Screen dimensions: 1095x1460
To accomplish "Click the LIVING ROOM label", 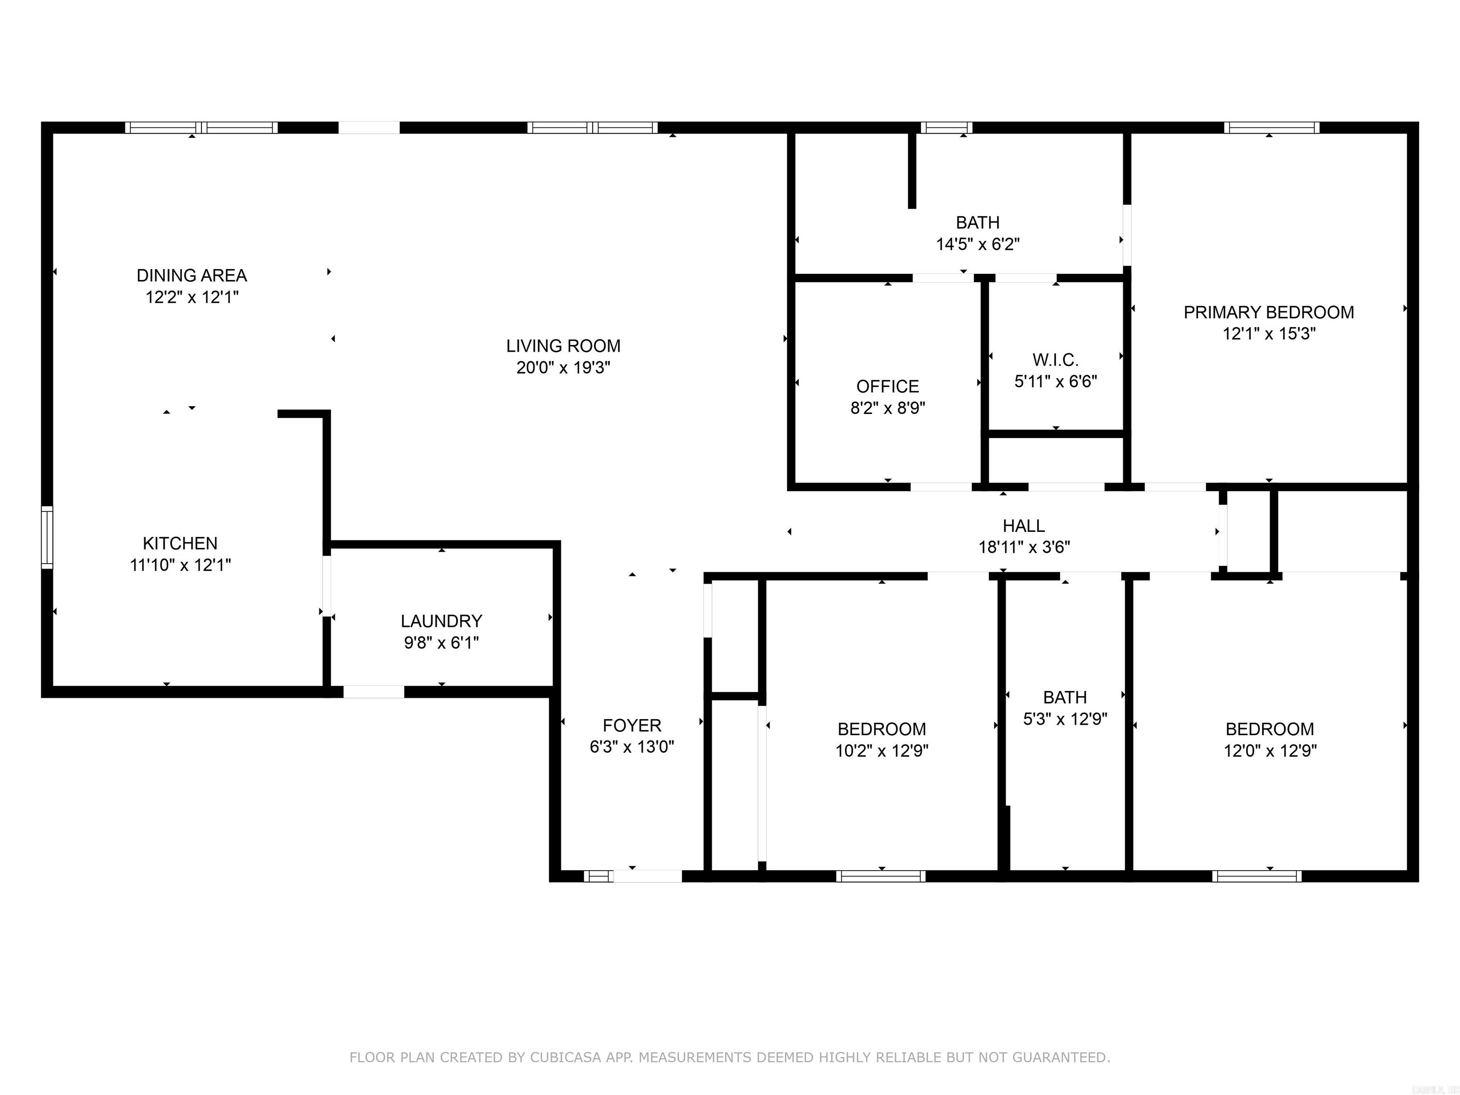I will [563, 346].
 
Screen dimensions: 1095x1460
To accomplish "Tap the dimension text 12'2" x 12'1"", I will [192, 297].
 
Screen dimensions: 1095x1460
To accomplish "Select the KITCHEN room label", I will [180, 543].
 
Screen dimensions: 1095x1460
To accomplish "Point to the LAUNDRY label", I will [441, 621].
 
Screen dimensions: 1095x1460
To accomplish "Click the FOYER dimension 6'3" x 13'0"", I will [632, 747].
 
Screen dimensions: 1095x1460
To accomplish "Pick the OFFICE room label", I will [887, 386].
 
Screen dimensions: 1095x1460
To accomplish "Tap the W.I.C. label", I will [1056, 360].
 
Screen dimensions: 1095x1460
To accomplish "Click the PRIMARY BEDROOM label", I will [1268, 312].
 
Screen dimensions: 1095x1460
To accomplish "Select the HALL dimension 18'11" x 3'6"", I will [1024, 547].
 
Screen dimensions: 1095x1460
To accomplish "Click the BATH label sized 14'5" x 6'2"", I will [978, 222].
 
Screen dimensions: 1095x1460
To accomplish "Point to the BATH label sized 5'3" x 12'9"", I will [1065, 697].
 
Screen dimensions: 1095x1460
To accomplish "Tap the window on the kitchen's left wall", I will [47, 537].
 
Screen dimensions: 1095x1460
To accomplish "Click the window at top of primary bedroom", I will [1271, 127].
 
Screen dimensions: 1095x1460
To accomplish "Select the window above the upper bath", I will [946, 127].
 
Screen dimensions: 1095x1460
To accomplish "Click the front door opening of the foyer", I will [647, 876].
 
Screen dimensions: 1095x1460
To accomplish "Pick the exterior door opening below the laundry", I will [374, 692].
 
